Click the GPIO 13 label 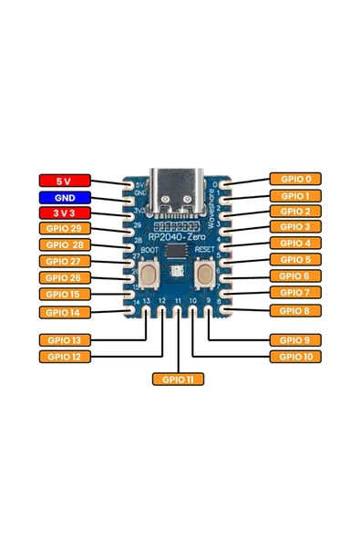click(x=64, y=340)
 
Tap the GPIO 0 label click(x=295, y=180)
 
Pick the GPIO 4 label click(x=295, y=244)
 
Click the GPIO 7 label click(x=295, y=292)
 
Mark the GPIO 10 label click(x=295, y=357)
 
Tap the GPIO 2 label click(x=295, y=211)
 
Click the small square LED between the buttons click(x=180, y=270)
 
